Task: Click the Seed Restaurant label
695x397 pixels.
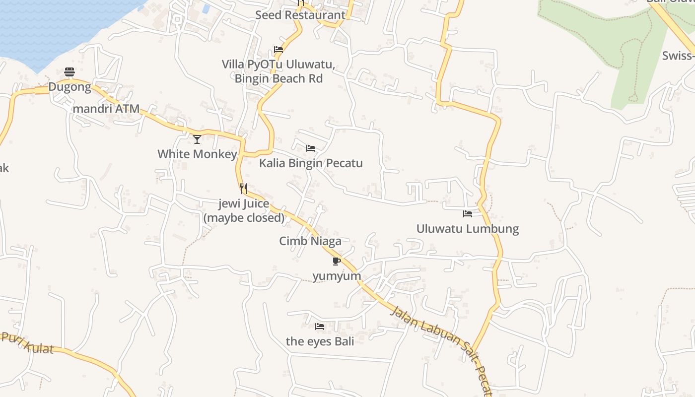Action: tap(300, 15)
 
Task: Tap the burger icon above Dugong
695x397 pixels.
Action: tap(69, 72)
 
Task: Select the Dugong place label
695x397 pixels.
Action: tap(69, 87)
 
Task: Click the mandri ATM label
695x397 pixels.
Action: tap(106, 109)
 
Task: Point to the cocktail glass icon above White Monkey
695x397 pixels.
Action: tap(197, 139)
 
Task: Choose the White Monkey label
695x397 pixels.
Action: tap(197, 154)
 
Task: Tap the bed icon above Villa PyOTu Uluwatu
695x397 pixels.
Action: tap(278, 50)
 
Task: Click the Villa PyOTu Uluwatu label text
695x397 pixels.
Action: tap(278, 65)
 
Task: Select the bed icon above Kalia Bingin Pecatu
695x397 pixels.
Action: tap(311, 148)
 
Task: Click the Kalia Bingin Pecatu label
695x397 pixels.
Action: tap(311, 163)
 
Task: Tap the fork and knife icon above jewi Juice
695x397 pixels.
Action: tap(244, 189)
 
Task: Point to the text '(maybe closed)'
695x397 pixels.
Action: tap(244, 217)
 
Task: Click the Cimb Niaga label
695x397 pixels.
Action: tap(310, 241)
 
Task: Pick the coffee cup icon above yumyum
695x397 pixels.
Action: tap(337, 261)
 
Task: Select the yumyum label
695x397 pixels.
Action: tap(337, 275)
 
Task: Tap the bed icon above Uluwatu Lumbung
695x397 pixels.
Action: tap(468, 214)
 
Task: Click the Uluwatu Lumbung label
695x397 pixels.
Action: tap(468, 229)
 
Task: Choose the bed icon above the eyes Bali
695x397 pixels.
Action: tap(320, 327)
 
